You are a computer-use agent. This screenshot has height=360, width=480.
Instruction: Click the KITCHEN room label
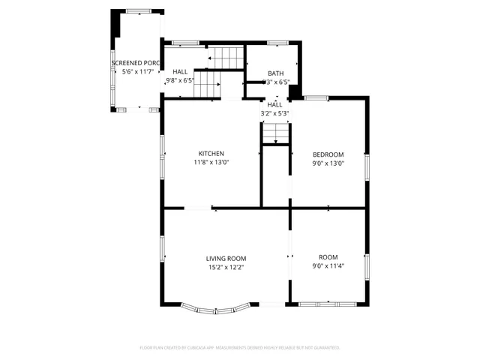[x=211, y=153]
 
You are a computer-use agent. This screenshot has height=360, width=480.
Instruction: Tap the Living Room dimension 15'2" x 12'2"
[x=226, y=267]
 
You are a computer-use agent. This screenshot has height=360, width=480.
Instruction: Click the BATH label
[x=275, y=73]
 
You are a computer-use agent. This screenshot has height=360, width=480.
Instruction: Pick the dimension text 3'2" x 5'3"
[x=274, y=113]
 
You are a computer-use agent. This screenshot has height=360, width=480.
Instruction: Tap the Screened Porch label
[x=136, y=63]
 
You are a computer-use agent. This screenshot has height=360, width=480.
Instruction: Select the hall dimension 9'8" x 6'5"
[x=180, y=80]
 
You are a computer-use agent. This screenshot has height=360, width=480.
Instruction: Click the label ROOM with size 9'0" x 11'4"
[x=328, y=256]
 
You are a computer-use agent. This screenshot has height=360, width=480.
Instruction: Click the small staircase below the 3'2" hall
[x=275, y=133]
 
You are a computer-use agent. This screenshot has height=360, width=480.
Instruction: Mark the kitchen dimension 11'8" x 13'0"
[x=211, y=162]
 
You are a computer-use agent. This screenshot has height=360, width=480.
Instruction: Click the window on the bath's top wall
[x=278, y=43]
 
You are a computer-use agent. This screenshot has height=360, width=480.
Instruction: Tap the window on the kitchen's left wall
[x=162, y=146]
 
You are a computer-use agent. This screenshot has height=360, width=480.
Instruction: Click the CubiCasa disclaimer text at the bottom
[x=240, y=347]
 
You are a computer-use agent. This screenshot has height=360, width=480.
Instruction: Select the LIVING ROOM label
[x=226, y=258]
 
